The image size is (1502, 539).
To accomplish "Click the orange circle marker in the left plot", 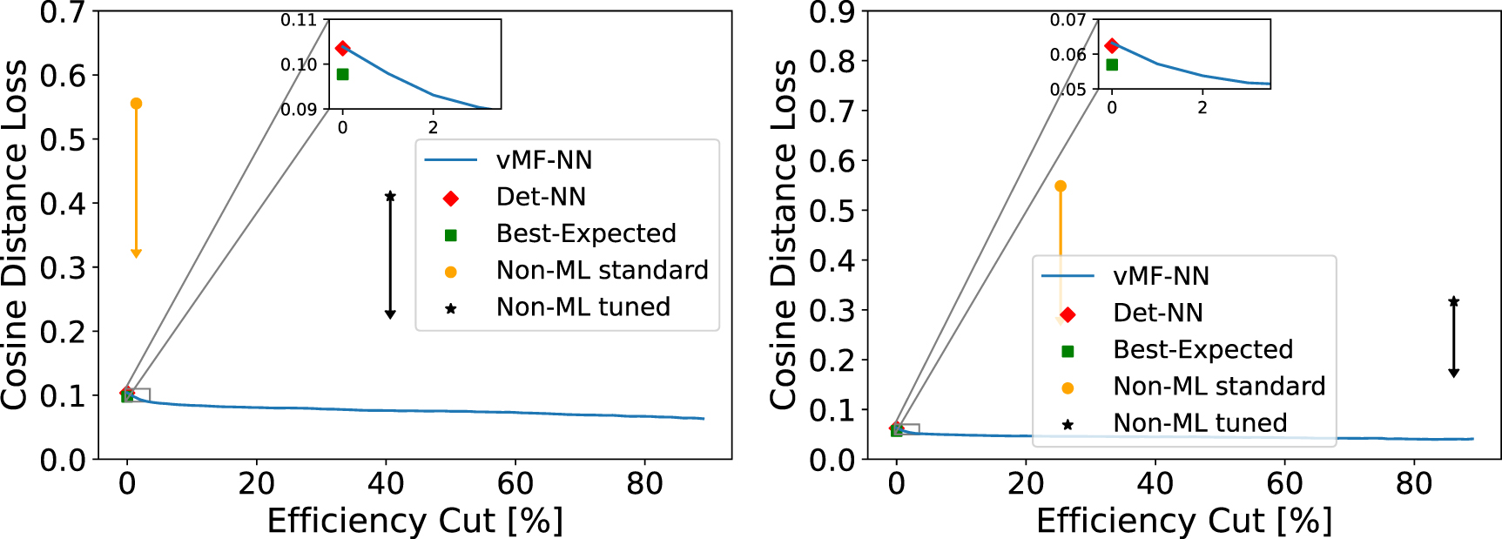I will coord(136,104).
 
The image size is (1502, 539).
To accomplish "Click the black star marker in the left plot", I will coord(390,197).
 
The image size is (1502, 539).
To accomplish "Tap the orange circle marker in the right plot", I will coord(1061,186).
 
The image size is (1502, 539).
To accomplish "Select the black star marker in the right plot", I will coord(1453,302).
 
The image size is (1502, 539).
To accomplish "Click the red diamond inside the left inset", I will coord(342,49).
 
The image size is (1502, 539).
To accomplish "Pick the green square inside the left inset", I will coord(342,74).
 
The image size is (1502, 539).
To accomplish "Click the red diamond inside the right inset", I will coord(1111,45).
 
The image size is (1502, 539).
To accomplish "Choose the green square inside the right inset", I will coord(1112,64).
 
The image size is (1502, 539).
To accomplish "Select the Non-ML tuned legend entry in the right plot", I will coord(1199,423).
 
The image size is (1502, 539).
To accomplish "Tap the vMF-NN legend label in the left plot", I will coord(543,160).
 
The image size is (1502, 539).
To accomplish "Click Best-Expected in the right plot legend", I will coord(1202,349).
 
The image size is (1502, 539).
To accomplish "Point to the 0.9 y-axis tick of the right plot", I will coord(832,12).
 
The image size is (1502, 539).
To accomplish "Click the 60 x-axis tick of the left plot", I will coord(515,484).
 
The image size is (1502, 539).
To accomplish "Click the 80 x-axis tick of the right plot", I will coord(1413,484).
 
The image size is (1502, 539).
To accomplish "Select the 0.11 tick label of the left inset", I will coord(299,20).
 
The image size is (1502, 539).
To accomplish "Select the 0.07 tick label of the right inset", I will coord(1068,20).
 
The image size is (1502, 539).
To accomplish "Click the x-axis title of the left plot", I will coord(414,521).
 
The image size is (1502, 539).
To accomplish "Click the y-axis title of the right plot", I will coord(784,235).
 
